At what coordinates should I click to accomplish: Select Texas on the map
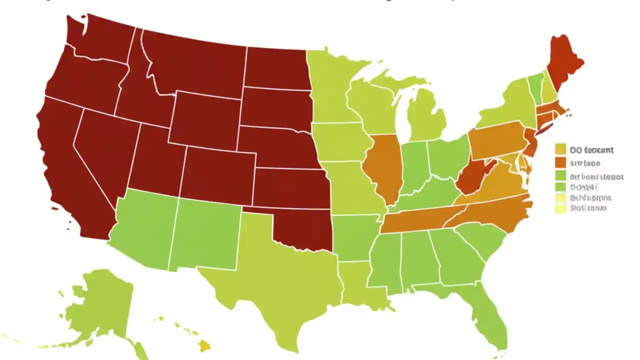(280, 280)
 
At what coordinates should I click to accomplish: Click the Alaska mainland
(100, 305)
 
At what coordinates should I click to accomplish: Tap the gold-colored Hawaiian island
(204, 345)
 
